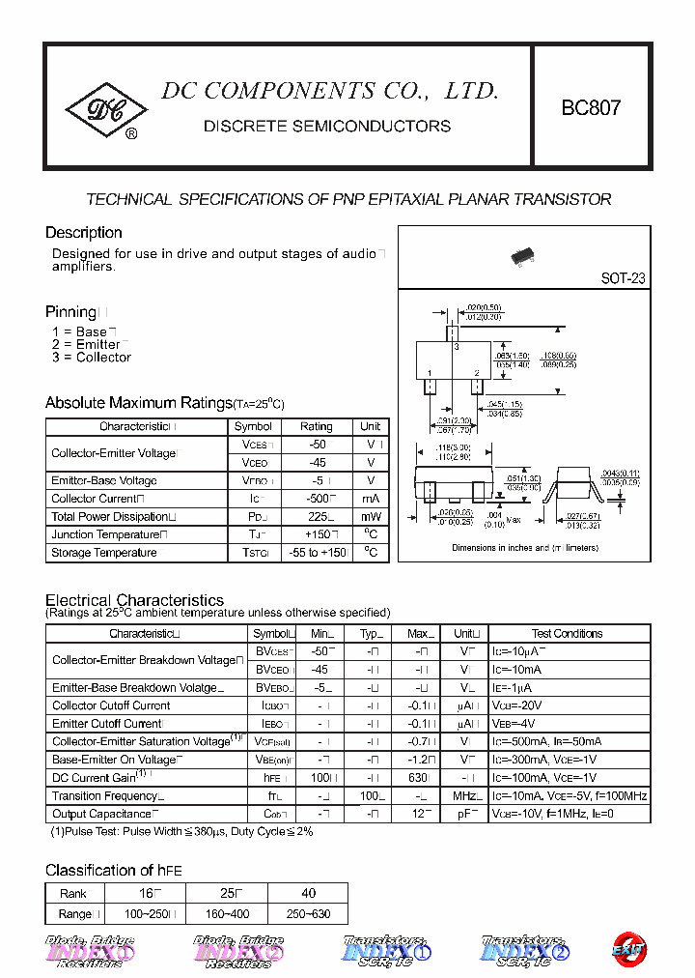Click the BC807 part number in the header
click(x=591, y=108)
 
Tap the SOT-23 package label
click(x=623, y=278)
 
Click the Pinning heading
click(x=70, y=311)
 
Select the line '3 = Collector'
click(x=92, y=358)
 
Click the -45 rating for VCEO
click(x=316, y=463)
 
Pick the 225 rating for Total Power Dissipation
click(x=316, y=517)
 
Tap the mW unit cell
click(x=371, y=517)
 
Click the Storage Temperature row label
click(x=104, y=553)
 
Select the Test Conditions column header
click(x=567, y=634)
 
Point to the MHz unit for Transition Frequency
click(x=466, y=796)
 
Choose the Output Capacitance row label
click(x=102, y=814)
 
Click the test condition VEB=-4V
click(x=518, y=724)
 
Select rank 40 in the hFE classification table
click(x=308, y=894)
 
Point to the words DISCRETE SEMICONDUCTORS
click(x=327, y=127)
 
